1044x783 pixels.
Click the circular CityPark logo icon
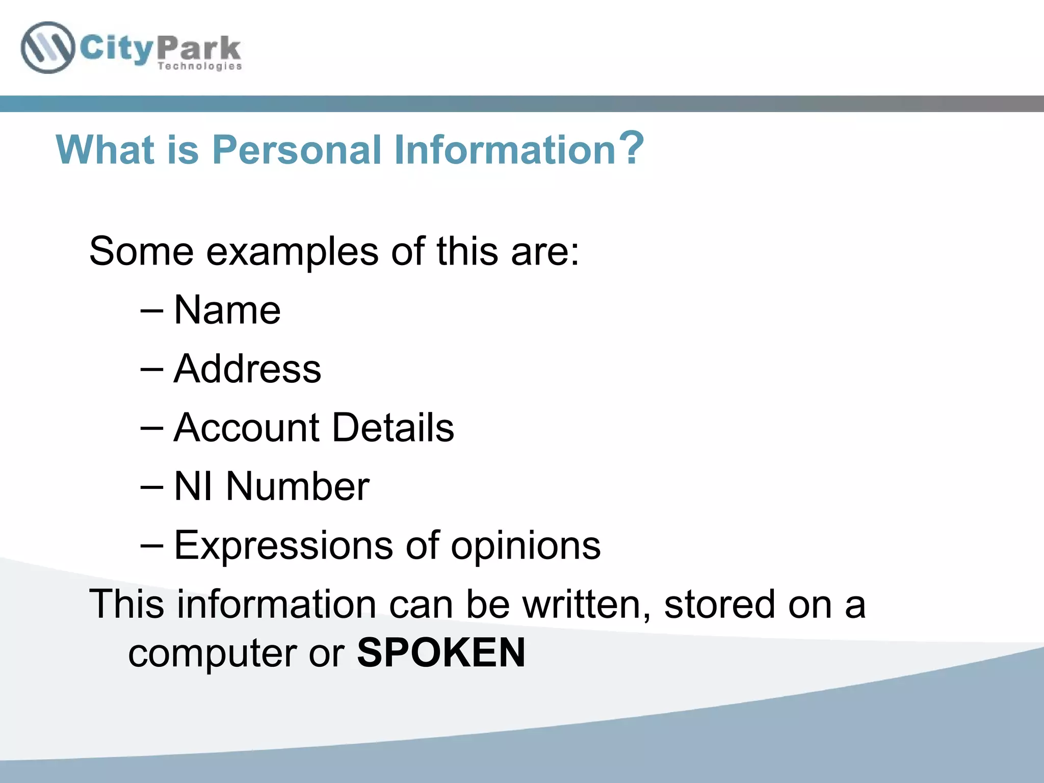[x=47, y=48]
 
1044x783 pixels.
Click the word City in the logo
[x=117, y=49]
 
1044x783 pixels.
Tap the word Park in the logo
[x=199, y=49]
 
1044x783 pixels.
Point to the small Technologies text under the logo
[x=199, y=66]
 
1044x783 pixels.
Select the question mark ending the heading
[x=632, y=148]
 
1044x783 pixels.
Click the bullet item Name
[x=227, y=310]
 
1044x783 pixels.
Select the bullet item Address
[x=247, y=369]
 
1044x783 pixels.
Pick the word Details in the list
[x=393, y=427]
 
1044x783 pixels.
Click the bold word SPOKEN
[x=441, y=652]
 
